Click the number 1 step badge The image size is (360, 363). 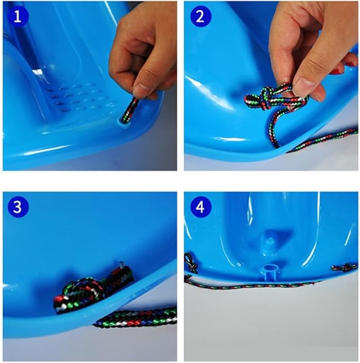(18, 16)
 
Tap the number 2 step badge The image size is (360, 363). (200, 16)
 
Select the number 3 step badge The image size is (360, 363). (18, 207)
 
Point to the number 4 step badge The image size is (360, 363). (200, 207)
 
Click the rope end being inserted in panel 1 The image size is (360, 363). (129, 111)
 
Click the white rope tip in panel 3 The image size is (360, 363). (121, 264)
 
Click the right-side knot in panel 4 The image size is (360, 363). (345, 268)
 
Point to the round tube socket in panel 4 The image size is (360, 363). (269, 272)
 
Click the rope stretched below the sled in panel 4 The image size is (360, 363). (250, 286)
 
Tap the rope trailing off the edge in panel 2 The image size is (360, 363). (321, 141)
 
